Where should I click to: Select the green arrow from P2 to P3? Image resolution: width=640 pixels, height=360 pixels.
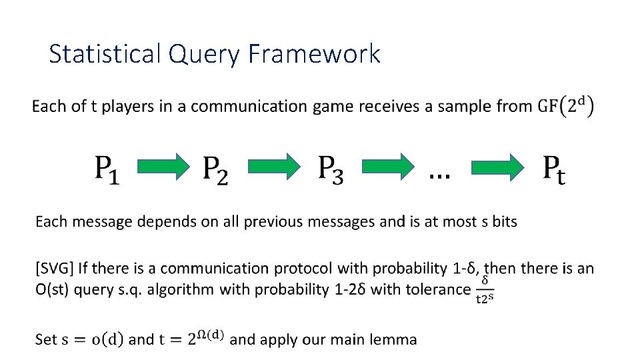pos(272,167)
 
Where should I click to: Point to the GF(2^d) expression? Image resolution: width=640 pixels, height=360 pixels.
pos(566,106)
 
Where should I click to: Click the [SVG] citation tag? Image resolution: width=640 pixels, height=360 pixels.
pos(54,269)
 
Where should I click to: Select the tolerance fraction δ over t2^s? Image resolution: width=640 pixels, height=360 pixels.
pos(485,289)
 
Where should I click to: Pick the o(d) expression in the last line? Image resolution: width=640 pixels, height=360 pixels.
pos(106,339)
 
